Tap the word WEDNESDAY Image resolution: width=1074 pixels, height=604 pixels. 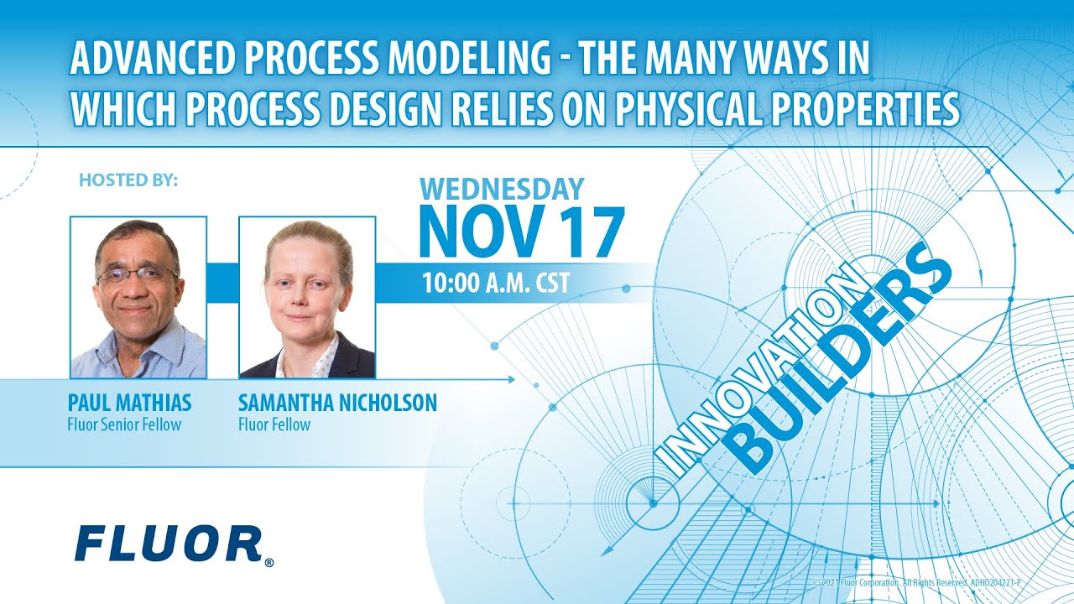502,189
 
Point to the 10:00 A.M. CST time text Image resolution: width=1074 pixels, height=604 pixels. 495,283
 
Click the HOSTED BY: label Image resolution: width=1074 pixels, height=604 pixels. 128,180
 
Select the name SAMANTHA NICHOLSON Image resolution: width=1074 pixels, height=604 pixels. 337,403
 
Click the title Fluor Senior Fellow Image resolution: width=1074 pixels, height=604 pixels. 124,424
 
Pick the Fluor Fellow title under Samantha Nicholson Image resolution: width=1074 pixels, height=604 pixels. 274,424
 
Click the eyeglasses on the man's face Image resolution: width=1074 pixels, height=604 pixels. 136,275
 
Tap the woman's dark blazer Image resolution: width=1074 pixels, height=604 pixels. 352,361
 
